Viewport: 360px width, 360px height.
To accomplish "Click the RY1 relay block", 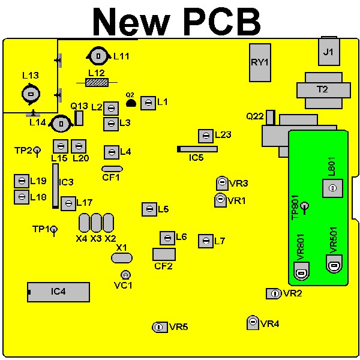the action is click(260, 62).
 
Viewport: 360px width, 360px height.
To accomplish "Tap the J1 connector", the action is click(329, 51).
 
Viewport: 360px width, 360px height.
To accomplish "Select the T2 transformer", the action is click(323, 91).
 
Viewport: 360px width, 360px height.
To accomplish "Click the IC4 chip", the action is click(59, 292).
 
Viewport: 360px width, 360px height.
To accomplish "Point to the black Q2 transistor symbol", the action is click(131, 103).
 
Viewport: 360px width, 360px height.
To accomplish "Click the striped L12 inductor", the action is click(97, 82).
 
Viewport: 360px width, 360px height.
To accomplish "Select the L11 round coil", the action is click(98, 56).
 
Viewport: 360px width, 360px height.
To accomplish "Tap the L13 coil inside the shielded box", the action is click(31, 94).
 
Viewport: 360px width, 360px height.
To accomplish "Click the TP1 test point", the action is click(54, 231).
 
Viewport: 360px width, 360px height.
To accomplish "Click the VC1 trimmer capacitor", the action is click(125, 275).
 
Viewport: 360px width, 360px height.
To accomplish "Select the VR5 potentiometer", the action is click(160, 327).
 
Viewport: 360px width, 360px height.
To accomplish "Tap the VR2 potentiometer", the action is click(274, 293).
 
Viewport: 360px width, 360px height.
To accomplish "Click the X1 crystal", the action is click(122, 258).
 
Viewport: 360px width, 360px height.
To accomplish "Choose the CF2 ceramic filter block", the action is click(164, 254).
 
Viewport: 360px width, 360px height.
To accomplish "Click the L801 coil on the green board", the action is click(332, 188).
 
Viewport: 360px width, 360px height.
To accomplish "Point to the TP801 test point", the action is click(305, 208).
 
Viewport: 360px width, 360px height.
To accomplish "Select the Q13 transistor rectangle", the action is click(79, 118).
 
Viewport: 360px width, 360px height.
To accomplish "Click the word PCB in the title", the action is click(222, 22).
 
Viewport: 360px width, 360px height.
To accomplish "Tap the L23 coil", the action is click(206, 136).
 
